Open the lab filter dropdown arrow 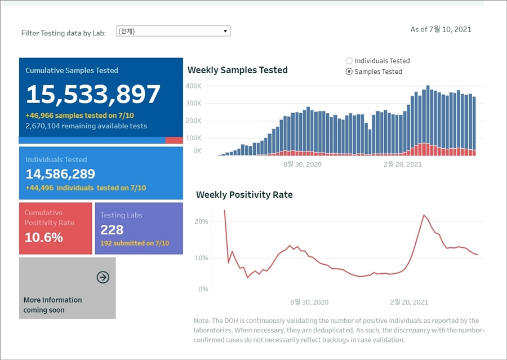pos(225,31)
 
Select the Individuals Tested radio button pos(349,61)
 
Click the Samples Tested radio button pos(349,72)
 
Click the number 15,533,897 pos(93,94)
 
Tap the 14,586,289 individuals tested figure pos(60,174)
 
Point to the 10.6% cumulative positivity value pos(44,237)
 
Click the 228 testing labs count pos(112,230)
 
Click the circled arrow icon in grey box pos(103,277)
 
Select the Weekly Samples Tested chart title pos(237,70)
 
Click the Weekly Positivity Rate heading pos(244,195)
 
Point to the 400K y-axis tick pos(193,86)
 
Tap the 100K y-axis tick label pos(193,138)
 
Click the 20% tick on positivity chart pos(201,221)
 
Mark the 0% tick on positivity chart pos(203,289)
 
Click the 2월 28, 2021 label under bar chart pos(402,165)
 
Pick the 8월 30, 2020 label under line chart pos(309,303)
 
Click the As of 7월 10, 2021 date pos(441,29)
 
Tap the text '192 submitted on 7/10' pos(135,243)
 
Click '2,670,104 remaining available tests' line pos(86,126)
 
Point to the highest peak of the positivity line pos(224,210)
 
